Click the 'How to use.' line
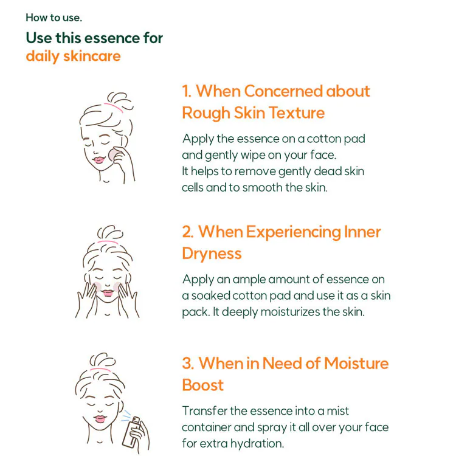[54, 18]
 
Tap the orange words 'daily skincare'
[73, 56]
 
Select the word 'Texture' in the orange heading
[296, 113]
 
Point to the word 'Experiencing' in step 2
[294, 233]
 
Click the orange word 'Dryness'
[212, 254]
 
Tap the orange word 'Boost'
[202, 385]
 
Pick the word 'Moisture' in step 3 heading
[356, 364]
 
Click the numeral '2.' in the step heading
[188, 232]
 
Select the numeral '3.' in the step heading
[188, 364]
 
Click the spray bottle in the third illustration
[132, 432]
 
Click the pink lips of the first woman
[98, 160]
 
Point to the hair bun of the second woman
[109, 232]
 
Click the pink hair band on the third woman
[100, 370]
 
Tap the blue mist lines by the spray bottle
[126, 416]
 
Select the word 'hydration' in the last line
[257, 444]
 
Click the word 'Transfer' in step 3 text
[205, 411]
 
